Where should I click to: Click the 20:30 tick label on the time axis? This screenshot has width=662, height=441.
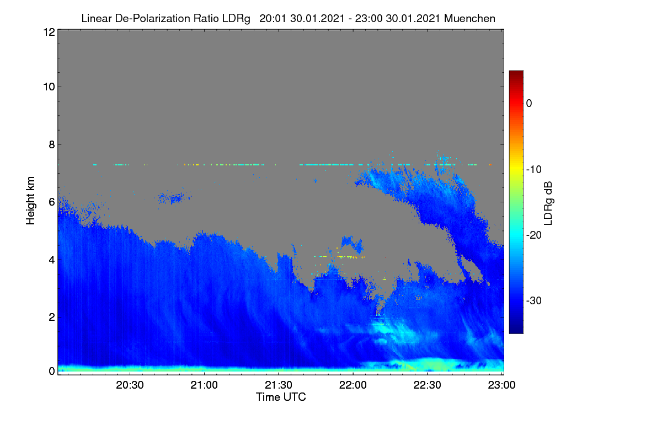pyautogui.click(x=130, y=385)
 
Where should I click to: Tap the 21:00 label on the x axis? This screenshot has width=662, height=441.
pyautogui.click(x=204, y=385)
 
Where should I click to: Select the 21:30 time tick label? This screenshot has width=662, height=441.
pyautogui.click(x=279, y=385)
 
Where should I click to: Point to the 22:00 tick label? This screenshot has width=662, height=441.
pyautogui.click(x=353, y=385)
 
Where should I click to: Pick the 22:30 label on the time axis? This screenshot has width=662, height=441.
pyautogui.click(x=427, y=385)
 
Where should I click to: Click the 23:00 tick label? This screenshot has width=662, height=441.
pyautogui.click(x=501, y=385)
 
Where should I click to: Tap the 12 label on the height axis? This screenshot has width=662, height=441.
pyautogui.click(x=49, y=32)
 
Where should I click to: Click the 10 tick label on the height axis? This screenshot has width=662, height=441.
pyautogui.click(x=49, y=87)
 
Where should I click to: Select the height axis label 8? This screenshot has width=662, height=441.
pyautogui.click(x=52, y=145)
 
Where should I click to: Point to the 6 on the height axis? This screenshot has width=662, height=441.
pyautogui.click(x=52, y=202)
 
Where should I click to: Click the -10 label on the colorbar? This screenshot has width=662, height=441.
pyautogui.click(x=534, y=170)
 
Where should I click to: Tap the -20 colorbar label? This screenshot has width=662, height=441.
pyautogui.click(x=534, y=235)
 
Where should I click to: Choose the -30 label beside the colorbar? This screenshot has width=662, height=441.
pyautogui.click(x=534, y=301)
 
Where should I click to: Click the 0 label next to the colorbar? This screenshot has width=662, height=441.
pyautogui.click(x=529, y=104)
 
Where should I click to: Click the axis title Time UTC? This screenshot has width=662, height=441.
pyautogui.click(x=281, y=397)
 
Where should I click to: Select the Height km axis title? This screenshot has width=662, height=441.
pyautogui.click(x=30, y=201)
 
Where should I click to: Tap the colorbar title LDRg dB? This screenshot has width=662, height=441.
pyautogui.click(x=548, y=203)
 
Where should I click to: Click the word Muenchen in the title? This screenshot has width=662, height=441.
pyautogui.click(x=469, y=19)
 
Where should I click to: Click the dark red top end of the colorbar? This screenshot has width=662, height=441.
pyautogui.click(x=516, y=72)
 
